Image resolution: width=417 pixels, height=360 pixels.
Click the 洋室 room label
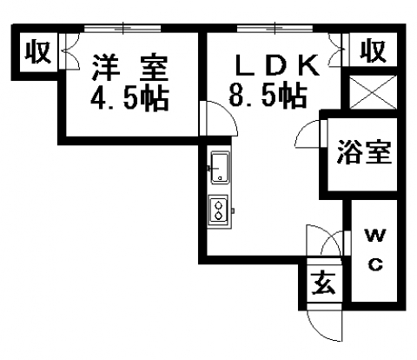(x=129, y=68)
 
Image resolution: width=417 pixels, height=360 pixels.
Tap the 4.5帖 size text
(x=129, y=98)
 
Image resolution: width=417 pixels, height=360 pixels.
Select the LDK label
(x=277, y=65)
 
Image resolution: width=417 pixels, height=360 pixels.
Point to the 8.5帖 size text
(x=268, y=95)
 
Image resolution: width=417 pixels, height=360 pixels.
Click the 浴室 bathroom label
(x=364, y=152)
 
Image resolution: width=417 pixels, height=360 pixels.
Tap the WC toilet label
(x=375, y=250)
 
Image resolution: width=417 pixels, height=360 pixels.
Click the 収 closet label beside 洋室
(x=37, y=52)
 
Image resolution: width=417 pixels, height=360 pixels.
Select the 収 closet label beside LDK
(x=373, y=51)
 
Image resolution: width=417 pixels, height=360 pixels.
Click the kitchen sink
(x=220, y=168)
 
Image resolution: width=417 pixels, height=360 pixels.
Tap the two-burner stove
(x=219, y=210)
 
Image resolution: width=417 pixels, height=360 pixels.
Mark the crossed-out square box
(x=373, y=92)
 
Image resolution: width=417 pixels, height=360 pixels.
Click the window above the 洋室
(x=122, y=29)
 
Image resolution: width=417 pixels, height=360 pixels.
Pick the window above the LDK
(x=275, y=29)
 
